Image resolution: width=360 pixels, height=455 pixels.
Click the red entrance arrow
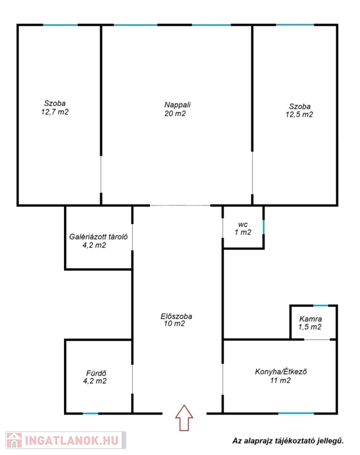(184, 418)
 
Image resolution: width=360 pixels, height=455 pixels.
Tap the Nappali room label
(177, 105)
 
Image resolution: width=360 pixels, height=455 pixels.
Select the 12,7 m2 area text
(55, 112)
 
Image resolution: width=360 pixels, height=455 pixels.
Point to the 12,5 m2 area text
(300, 114)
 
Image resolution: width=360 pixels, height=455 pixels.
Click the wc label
(243, 225)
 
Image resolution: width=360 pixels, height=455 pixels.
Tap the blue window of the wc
(263, 227)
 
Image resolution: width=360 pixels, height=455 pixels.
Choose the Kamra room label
(311, 319)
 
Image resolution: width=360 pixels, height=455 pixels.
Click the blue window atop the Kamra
(320, 305)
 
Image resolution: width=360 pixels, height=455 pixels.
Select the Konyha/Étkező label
(281, 371)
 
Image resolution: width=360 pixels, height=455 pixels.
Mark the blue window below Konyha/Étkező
(296, 413)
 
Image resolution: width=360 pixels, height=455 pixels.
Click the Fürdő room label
(96, 373)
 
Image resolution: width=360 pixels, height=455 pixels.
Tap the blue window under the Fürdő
(90, 413)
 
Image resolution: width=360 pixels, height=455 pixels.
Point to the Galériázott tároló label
(98, 237)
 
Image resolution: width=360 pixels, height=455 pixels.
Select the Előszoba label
(176, 316)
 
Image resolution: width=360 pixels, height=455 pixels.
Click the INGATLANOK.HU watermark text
(72, 441)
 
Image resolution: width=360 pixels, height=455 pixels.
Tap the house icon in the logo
(14, 440)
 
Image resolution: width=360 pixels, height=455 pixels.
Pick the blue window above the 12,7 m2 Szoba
(60, 25)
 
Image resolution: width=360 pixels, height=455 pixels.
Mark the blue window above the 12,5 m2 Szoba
(295, 25)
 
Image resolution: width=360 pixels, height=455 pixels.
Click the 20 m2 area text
(175, 114)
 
